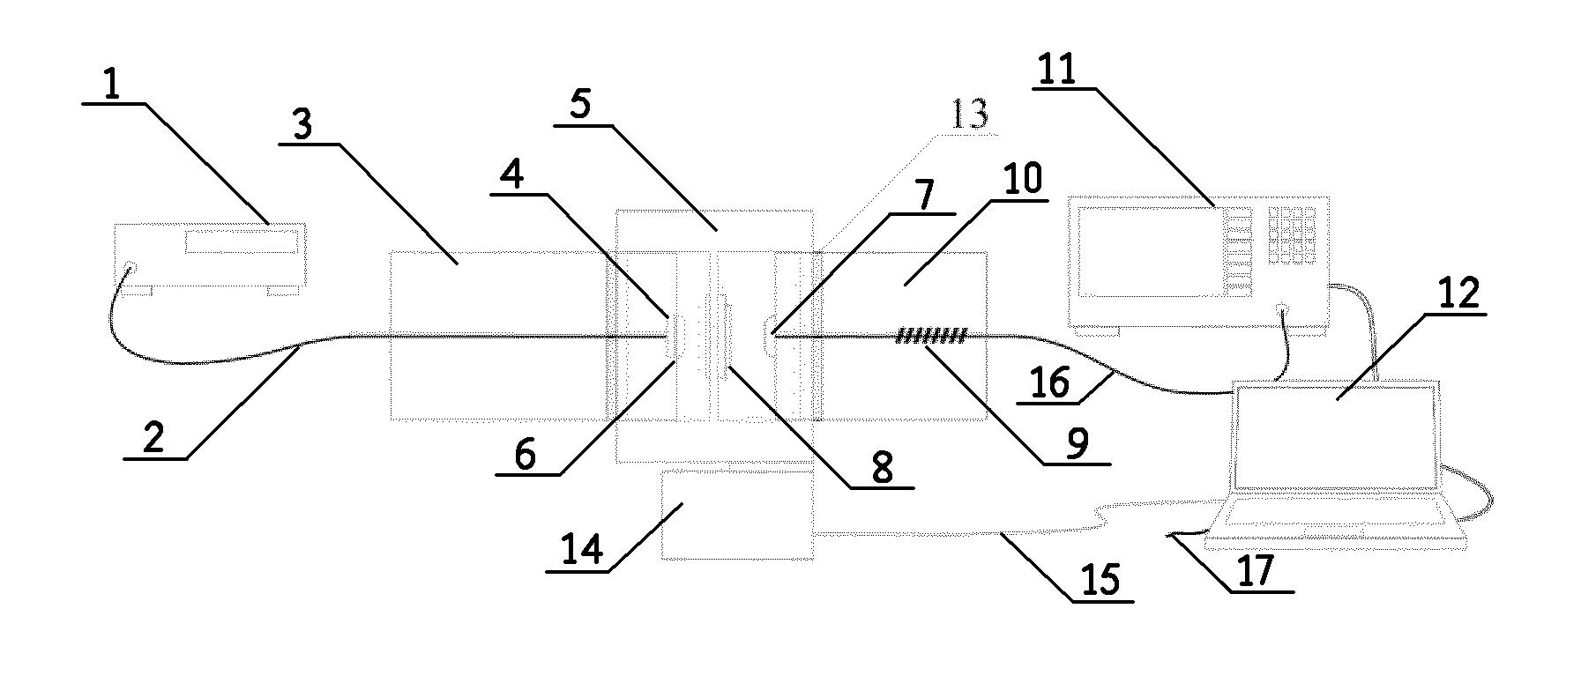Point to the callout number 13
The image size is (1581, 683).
point(969,115)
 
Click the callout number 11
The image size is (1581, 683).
point(1055,69)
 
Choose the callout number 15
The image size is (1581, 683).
point(1101,581)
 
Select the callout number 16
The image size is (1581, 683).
point(1050,383)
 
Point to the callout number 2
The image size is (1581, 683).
point(153,439)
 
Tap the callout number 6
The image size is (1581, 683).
point(524,456)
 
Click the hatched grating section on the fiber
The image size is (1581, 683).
point(932,335)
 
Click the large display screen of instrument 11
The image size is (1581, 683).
point(1145,250)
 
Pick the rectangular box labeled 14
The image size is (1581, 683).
point(737,515)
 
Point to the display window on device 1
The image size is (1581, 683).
point(239,242)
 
